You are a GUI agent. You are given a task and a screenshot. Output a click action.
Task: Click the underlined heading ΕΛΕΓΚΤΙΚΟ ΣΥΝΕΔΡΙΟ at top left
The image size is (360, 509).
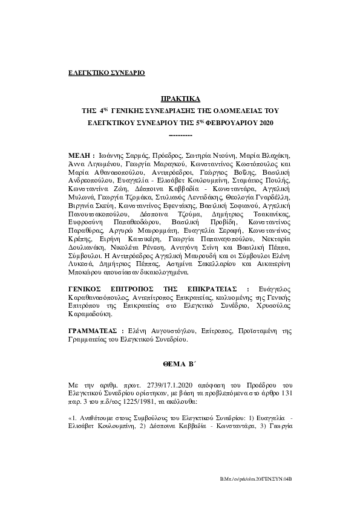[106, 73]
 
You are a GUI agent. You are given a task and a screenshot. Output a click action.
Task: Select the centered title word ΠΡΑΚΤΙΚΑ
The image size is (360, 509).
[180, 98]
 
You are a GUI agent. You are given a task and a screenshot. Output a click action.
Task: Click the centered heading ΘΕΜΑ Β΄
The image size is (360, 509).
[180, 366]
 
